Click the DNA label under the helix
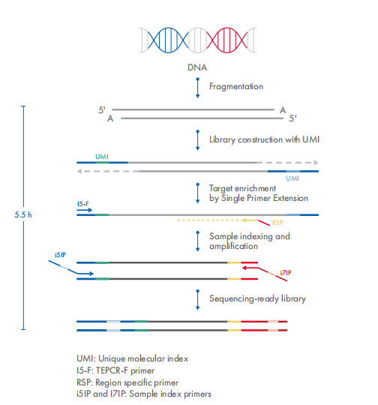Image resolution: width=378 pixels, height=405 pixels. pos(197,67)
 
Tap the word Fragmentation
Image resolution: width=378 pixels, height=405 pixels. pos(236,86)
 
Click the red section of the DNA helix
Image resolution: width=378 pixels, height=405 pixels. pos(226,40)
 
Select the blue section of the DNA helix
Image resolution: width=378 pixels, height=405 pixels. pos(169,40)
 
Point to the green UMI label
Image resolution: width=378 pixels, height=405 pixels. pos(102,157)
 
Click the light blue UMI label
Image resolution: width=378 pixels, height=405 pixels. pos(292,178)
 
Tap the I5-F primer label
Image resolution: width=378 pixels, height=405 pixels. pos(83,204)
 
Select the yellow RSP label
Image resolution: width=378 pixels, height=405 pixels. pos(277,223)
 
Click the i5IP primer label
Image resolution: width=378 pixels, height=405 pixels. pos(60,255)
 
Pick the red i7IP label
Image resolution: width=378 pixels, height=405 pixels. pos(286,273)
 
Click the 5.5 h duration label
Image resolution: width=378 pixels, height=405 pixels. pos(23,214)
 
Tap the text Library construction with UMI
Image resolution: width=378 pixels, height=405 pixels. pos(264,139)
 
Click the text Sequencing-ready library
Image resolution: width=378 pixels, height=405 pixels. pos(257,298)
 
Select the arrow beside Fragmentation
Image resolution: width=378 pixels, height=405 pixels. pos(198,88)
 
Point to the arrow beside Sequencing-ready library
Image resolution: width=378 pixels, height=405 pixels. pos(198,299)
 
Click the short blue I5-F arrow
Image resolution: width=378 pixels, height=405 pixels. pos(85,210)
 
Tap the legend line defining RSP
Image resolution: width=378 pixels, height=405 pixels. pos(127,382)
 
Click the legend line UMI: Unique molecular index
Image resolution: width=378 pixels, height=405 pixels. pos(132,358)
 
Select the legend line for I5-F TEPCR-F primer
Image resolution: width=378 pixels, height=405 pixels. pos(115,370)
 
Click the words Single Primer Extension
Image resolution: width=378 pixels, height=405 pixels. pos(265,198)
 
